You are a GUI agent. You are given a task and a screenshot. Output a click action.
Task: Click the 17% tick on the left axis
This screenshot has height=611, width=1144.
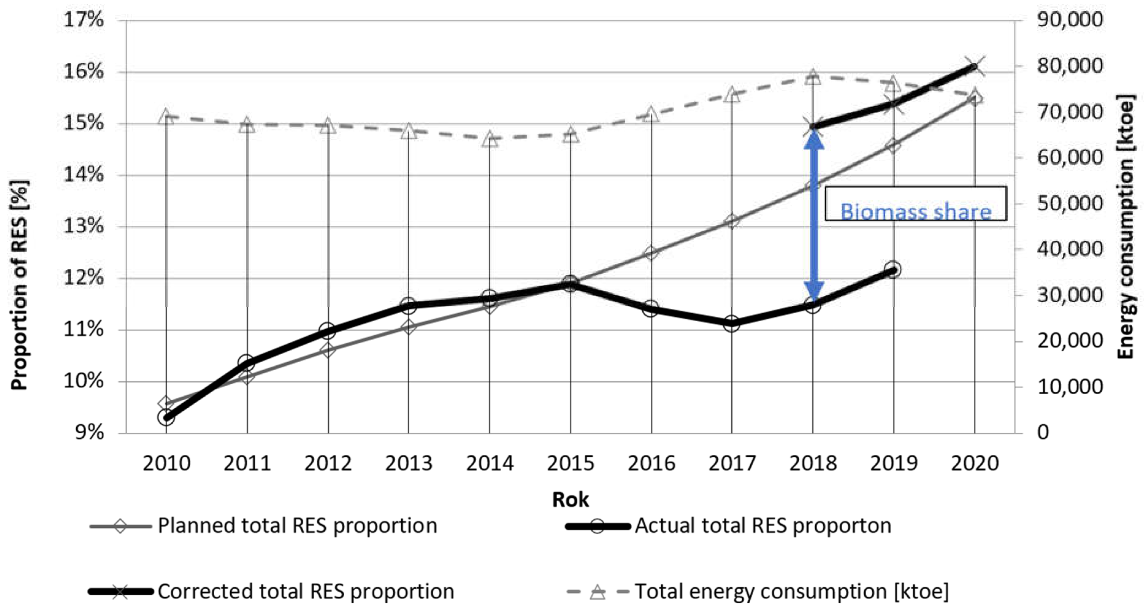coord(83,20)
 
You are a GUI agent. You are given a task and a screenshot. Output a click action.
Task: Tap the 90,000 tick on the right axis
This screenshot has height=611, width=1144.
coord(1069,20)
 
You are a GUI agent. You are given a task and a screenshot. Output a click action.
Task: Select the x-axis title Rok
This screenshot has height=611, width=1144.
coord(570,500)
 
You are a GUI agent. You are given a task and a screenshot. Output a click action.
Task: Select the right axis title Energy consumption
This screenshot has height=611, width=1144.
coord(1126,226)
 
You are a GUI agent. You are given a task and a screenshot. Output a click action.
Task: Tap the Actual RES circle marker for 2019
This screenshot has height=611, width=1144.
coord(893,269)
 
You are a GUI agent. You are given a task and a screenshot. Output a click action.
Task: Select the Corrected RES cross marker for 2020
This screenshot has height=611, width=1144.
coord(974,67)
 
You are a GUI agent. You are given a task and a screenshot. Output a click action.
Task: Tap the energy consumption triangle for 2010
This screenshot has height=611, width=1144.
coord(166,117)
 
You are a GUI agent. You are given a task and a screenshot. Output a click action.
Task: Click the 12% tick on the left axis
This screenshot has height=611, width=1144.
coord(83,278)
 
